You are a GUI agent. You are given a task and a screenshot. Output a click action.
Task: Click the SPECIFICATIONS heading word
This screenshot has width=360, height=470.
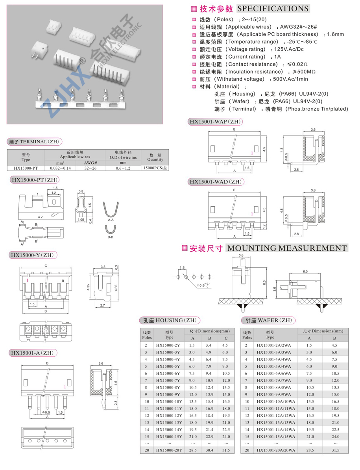[273, 8]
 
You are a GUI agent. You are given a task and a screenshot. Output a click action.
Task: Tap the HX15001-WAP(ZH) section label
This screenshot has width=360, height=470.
[215, 121]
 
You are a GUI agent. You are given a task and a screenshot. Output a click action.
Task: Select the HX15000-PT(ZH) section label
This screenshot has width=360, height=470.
[35, 180]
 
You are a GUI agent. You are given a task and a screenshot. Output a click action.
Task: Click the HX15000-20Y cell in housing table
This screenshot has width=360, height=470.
[169, 450]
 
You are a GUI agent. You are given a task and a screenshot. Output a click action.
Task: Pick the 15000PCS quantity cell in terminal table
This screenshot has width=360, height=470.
[155, 168]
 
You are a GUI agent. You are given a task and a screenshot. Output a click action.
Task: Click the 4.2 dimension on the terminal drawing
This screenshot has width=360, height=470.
[40, 217]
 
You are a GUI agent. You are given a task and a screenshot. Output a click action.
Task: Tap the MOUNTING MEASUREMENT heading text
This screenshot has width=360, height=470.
[287, 248]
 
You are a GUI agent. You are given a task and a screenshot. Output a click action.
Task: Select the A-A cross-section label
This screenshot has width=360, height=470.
[111, 220]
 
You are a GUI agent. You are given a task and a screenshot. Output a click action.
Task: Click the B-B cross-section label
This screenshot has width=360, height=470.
[111, 237]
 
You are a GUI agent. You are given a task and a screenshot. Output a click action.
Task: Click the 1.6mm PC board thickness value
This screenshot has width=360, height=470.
[336, 34]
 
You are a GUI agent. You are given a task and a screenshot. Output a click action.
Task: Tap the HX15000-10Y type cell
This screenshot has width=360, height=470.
[169, 402]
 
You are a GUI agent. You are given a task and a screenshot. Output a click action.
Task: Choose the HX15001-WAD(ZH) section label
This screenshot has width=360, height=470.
[215, 181]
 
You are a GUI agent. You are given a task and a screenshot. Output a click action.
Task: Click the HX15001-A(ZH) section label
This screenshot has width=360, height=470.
[32, 353]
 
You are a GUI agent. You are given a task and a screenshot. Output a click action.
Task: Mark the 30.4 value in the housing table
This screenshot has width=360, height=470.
[209, 450]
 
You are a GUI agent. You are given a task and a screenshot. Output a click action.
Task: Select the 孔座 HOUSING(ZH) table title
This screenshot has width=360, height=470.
[170, 320]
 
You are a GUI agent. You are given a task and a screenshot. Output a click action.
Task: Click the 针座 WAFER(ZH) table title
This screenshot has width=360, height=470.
[269, 320]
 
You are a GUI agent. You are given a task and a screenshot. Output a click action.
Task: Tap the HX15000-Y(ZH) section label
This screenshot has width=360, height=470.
[32, 255]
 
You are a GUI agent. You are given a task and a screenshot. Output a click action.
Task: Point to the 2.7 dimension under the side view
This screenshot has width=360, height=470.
[102, 305]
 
